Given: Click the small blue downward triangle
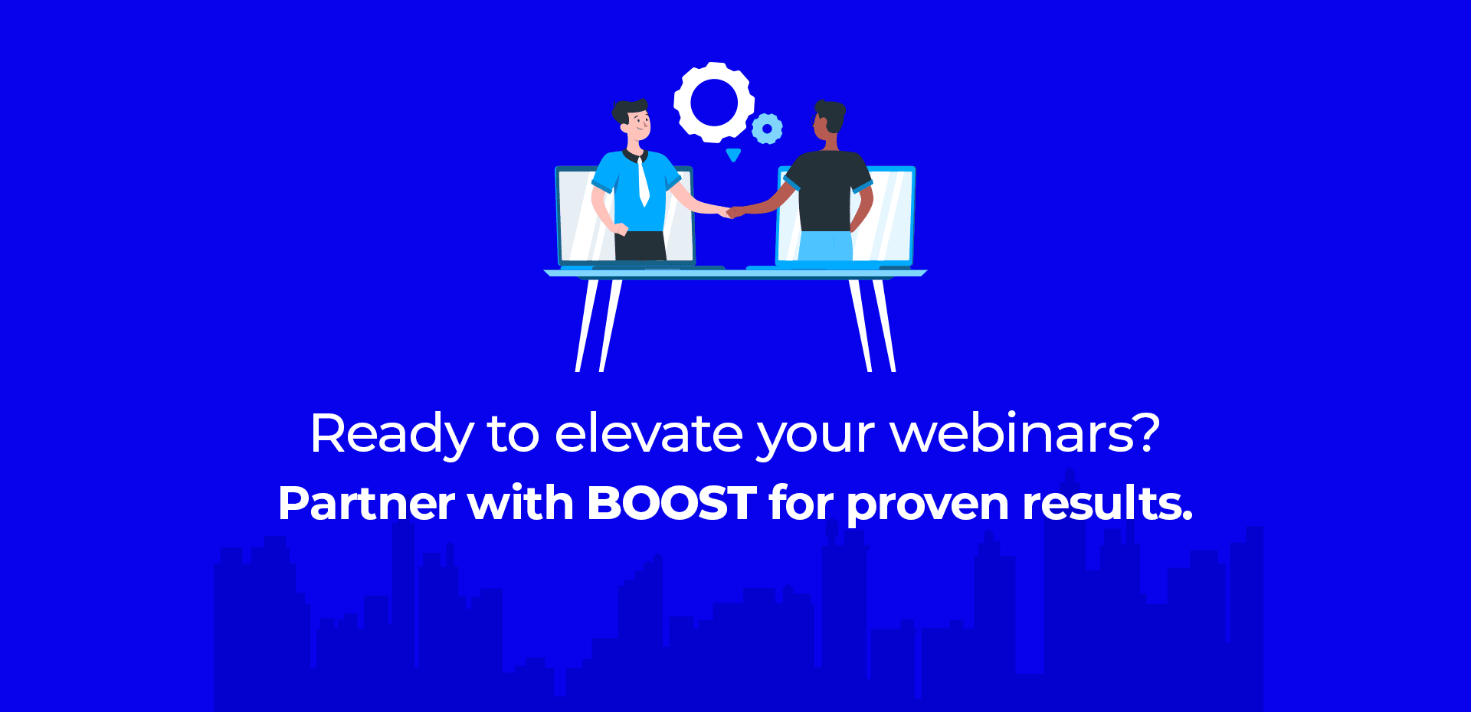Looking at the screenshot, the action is (733, 155).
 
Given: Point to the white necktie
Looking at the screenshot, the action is (643, 181).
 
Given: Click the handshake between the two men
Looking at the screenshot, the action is (731, 211).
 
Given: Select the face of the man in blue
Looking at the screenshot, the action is (638, 124).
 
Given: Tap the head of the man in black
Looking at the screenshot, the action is (828, 119).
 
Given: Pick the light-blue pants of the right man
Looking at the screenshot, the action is (826, 246).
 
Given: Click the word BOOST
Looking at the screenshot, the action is (672, 503).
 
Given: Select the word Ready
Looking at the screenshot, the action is (392, 435).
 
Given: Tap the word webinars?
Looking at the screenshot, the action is (1025, 433).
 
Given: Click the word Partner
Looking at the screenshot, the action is (367, 503).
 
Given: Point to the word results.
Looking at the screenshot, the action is (1108, 503).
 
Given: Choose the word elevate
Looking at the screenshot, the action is (649, 433).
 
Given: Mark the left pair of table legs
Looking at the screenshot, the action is (598, 325).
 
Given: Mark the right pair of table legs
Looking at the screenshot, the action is (872, 325).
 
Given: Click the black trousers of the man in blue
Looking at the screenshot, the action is (640, 246).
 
